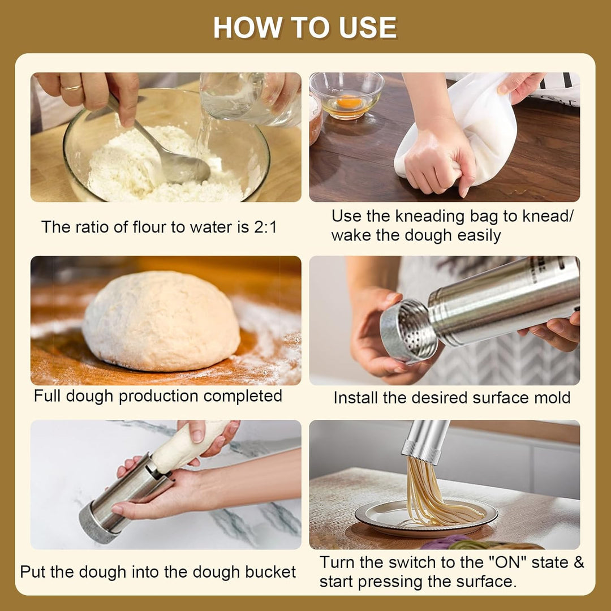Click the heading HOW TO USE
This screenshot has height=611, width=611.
(305, 28)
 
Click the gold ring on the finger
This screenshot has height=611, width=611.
(72, 88)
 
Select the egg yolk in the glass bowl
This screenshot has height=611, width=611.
(349, 102)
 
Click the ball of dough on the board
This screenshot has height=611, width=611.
(161, 321)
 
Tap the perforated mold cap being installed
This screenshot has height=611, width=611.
(408, 331)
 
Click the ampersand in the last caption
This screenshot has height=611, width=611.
(579, 563)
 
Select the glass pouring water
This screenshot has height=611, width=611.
(250, 99)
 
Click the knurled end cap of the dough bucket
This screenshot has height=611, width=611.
(97, 524)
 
